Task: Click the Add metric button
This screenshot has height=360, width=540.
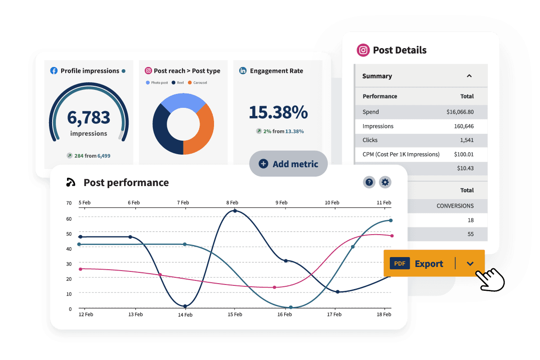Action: tap(288, 164)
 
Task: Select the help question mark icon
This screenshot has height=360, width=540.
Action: tap(369, 182)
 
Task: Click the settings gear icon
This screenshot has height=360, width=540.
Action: tap(385, 182)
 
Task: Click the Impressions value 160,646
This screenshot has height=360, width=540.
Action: tap(464, 126)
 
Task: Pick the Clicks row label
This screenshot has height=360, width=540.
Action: tap(370, 140)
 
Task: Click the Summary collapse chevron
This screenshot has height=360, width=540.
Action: tap(469, 76)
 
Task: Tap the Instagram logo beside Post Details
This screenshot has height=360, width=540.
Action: tap(363, 50)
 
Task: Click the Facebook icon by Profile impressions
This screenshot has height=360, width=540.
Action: tap(54, 71)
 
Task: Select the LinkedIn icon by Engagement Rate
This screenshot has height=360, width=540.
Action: tap(243, 71)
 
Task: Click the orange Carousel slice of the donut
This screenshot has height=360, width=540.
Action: tap(200, 130)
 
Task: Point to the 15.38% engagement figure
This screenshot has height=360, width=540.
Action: tap(278, 112)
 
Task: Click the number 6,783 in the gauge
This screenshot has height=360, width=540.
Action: tap(89, 117)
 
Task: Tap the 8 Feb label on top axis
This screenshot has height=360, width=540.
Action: tap(232, 203)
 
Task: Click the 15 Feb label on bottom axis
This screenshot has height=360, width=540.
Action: tap(235, 315)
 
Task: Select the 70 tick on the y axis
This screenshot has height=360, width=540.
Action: tap(69, 203)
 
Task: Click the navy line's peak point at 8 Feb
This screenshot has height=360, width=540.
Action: tap(235, 210)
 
